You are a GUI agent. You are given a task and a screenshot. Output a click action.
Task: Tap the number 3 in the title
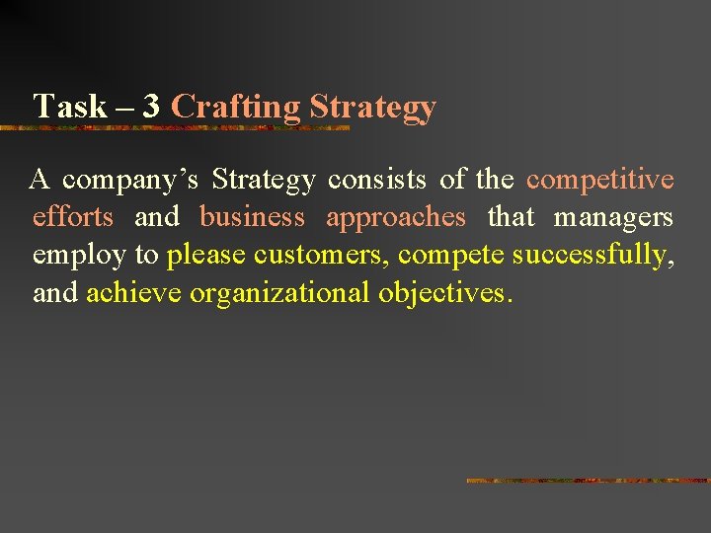tap(150, 107)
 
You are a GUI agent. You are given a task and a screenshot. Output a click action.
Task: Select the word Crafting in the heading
tap(236, 107)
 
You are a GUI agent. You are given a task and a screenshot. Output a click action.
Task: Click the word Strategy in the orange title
tap(372, 107)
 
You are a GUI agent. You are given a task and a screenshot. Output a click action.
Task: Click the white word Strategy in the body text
tap(264, 180)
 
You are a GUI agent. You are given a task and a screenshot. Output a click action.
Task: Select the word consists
tap(377, 180)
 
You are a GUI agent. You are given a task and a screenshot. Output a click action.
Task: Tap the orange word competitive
tap(600, 180)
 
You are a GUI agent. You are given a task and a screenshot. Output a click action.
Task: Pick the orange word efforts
tap(73, 217)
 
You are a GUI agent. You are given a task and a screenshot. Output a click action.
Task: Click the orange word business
tap(252, 217)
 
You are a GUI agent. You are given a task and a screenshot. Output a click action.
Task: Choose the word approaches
tap(395, 217)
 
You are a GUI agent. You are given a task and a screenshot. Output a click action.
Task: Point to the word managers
tap(613, 217)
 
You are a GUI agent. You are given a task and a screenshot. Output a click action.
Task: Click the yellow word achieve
tap(133, 293)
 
